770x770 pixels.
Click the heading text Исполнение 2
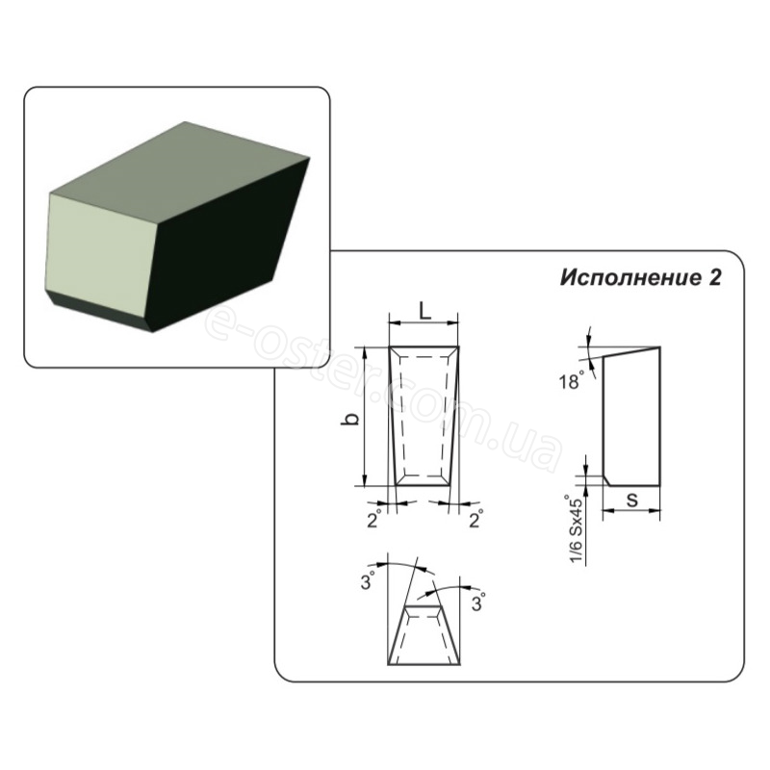coord(640,278)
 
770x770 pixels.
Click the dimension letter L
coord(424,310)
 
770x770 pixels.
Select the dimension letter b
coord(349,419)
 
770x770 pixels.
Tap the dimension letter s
coord(632,500)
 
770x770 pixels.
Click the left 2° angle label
coord(374,520)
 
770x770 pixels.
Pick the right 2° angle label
coord(475,520)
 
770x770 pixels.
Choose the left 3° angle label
coord(369,581)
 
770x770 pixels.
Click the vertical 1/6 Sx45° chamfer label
coord(577,530)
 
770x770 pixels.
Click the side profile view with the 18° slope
coord(631,417)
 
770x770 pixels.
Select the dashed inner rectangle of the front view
coord(424,417)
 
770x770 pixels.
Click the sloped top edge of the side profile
coord(631,351)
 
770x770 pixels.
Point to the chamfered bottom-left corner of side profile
coord(607,479)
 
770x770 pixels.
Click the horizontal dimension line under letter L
coord(423,322)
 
